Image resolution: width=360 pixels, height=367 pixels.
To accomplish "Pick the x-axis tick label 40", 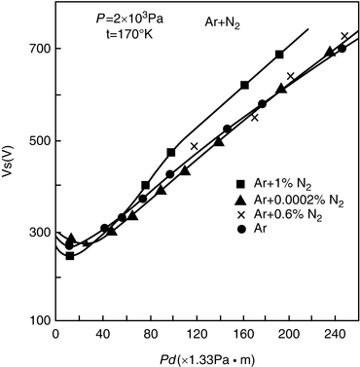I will click(104, 332).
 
